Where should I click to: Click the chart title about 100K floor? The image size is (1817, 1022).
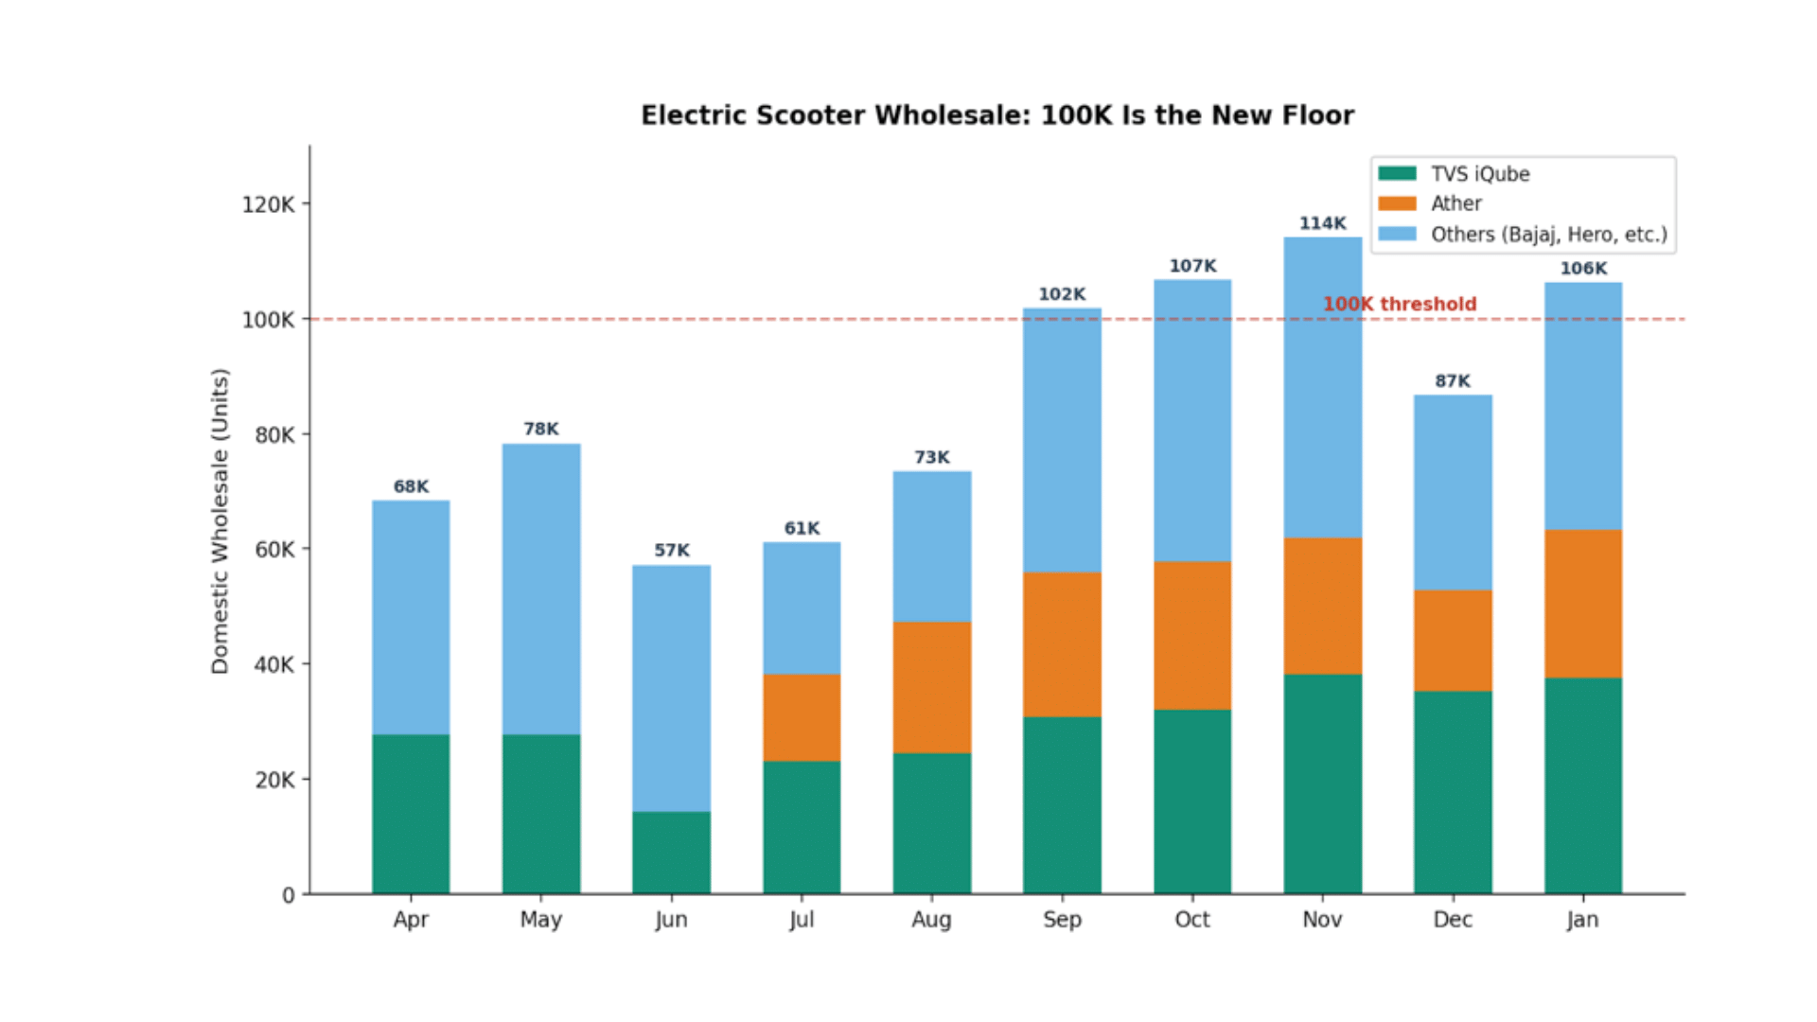point(997,115)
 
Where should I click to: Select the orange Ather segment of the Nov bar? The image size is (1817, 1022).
point(1322,606)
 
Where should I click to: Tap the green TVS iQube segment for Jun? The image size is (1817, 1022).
point(671,852)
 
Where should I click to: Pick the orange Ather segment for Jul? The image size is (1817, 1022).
point(802,717)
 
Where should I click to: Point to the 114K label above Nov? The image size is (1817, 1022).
point(1322,223)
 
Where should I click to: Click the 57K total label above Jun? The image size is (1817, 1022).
point(671,550)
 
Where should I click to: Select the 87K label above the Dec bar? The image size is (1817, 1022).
point(1452,381)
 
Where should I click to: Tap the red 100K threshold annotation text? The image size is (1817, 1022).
point(1399,304)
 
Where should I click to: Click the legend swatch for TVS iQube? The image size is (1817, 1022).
point(1397,173)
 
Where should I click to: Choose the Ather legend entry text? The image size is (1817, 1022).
point(1455,203)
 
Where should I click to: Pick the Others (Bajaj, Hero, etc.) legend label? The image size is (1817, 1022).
point(1548,235)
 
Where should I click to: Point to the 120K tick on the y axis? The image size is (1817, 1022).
point(269,204)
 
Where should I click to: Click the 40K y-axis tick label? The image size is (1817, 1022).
point(274,664)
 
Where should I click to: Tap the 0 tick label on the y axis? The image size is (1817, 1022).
point(288,895)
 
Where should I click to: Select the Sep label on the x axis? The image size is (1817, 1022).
point(1062,920)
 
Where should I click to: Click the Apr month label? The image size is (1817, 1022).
point(411,920)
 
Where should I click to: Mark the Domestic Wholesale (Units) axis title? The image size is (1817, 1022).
point(220,520)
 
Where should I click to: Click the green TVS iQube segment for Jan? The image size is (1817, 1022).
point(1582,785)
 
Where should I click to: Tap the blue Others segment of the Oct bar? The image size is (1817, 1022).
point(1191,421)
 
